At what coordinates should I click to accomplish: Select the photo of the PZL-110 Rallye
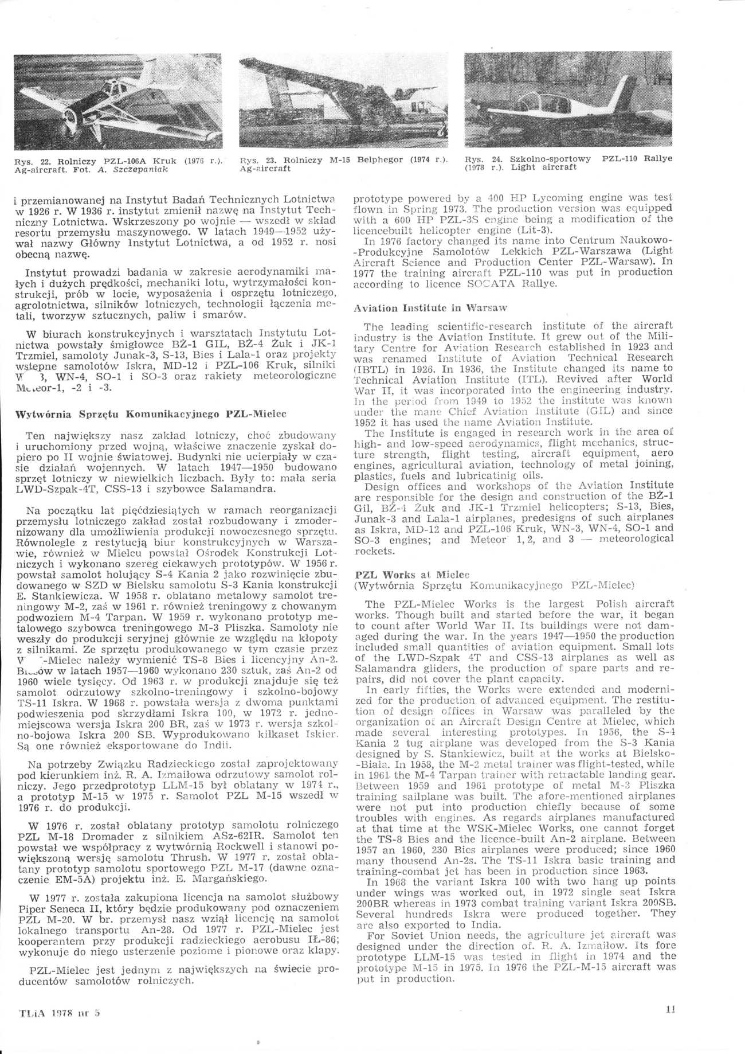pos(568,101)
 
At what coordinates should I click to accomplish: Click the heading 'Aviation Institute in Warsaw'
pos(430,307)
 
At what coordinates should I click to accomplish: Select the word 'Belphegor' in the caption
pos(381,161)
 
